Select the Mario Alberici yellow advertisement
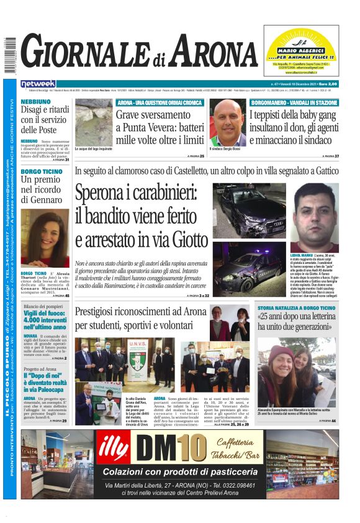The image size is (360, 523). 303,53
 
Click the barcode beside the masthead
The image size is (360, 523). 10,57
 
